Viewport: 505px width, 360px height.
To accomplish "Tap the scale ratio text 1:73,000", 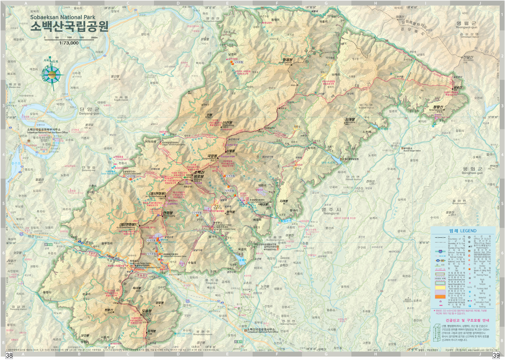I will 69,43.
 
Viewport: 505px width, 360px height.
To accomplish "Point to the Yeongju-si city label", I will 331,211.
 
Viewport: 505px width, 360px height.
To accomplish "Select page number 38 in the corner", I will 9,355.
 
